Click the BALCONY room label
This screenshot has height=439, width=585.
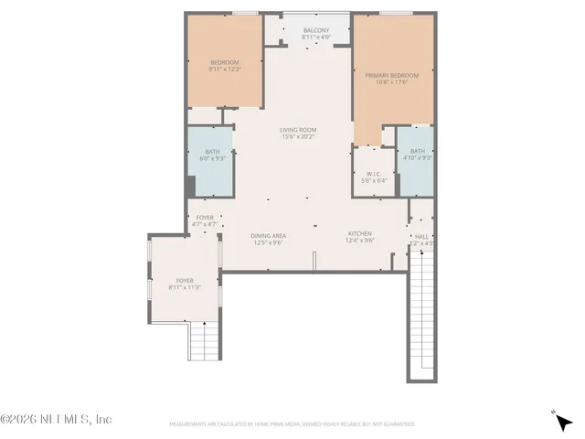[315, 30]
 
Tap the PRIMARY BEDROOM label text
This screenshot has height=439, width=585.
[391, 75]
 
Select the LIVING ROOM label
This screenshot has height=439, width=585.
[297, 130]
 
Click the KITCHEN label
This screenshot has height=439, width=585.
[359, 236]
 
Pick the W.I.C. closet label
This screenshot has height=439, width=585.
[374, 173]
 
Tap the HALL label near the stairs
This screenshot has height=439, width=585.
[421, 236]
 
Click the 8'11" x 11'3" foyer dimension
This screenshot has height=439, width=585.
[185, 287]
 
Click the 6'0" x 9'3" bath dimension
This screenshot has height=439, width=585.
[212, 159]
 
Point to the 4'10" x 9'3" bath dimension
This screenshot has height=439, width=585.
[417, 158]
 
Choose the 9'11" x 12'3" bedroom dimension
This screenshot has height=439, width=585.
[225, 69]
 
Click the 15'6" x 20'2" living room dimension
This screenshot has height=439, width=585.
[297, 137]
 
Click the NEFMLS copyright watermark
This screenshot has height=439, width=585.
[57, 420]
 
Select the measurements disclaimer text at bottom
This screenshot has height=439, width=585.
[292, 424]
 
